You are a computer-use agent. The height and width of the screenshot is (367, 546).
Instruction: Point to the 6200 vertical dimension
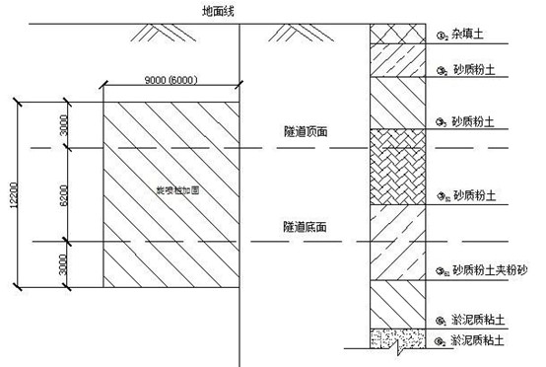63,193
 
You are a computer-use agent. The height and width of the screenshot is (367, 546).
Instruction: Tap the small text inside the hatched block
178,190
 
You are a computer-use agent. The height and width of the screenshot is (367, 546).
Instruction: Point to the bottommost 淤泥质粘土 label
477,340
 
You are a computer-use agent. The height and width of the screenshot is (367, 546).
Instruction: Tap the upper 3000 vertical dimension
63,122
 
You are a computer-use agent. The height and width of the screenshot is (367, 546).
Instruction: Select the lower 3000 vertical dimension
63,264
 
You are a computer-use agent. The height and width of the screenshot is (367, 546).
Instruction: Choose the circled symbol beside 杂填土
441,37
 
